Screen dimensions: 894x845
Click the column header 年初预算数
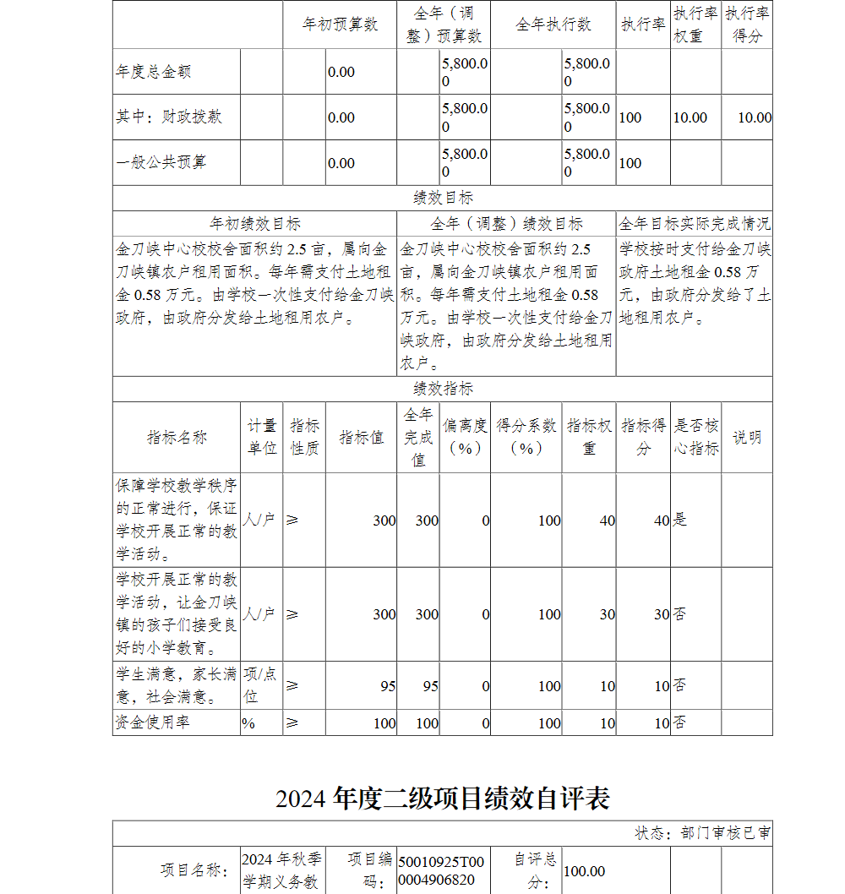click(340, 25)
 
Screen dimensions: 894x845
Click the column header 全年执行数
click(553, 25)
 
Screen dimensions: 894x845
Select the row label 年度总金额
click(154, 72)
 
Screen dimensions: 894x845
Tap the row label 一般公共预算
click(161, 162)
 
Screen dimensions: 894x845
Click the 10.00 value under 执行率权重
click(690, 117)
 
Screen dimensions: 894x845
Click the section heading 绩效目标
click(443, 198)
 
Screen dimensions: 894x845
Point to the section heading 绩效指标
click(443, 389)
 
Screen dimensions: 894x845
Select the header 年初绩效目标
click(254, 224)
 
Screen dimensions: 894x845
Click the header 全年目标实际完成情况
click(694, 224)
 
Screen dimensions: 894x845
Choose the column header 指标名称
click(177, 437)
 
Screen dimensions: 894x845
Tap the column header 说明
click(746, 437)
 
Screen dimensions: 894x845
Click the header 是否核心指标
click(696, 437)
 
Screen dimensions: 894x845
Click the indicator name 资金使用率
click(152, 722)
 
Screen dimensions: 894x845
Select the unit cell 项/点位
click(260, 685)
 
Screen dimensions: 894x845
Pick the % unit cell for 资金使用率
click(248, 723)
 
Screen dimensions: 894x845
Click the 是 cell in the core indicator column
click(679, 520)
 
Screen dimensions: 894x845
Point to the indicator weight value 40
click(607, 521)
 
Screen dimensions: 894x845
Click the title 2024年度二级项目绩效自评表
click(443, 798)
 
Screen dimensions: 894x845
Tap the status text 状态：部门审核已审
click(702, 833)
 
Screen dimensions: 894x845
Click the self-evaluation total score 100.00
click(585, 871)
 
